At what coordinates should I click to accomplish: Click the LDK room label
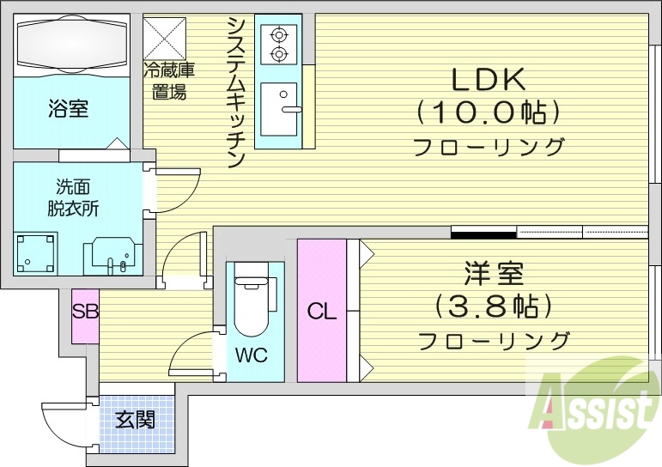point(489,79)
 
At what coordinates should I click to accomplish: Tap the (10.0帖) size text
point(489,112)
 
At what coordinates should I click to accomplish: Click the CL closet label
point(322,312)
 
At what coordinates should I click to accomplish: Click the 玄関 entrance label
point(136,421)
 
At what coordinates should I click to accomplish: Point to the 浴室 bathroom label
point(68,109)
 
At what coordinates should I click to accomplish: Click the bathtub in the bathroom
point(71,44)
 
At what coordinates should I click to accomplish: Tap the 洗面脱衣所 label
point(74,197)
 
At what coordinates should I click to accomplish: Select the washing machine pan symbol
point(37,252)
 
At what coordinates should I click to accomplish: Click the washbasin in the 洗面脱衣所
point(110,253)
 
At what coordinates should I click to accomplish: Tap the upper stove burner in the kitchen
point(279,35)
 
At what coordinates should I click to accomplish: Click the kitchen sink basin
point(278,109)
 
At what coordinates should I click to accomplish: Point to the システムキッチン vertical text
point(238,91)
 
